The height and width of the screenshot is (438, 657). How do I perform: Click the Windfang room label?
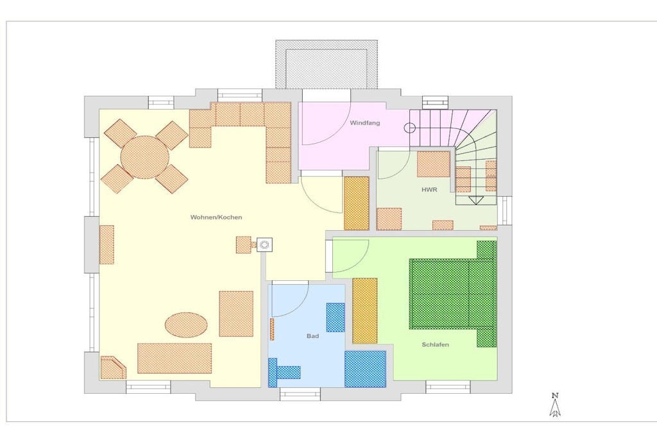[x=364, y=123]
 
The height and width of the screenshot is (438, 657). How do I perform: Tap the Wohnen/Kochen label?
[x=216, y=217]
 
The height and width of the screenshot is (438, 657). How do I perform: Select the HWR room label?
[x=429, y=190]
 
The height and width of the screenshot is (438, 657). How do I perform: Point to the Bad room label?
[x=312, y=336]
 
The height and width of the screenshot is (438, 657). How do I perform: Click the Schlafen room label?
[x=436, y=344]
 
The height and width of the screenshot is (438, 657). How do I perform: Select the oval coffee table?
[x=186, y=325]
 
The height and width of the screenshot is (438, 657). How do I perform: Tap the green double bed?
[x=452, y=293]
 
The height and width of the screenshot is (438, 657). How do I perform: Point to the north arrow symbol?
[x=555, y=405]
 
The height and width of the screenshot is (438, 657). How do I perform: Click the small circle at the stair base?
[x=410, y=128]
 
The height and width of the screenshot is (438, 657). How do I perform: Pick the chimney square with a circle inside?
[x=264, y=244]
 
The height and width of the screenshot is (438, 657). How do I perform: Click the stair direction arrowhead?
[x=475, y=201]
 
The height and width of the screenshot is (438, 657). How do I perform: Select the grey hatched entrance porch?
[x=327, y=64]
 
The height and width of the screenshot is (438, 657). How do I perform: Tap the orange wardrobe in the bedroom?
[x=365, y=310]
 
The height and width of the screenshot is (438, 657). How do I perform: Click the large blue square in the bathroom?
[x=365, y=369]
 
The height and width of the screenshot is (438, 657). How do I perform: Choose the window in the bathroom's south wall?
[x=300, y=394]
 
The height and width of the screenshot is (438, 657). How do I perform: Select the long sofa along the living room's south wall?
[x=175, y=358]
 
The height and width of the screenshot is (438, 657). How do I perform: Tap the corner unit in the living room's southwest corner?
[x=112, y=367]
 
